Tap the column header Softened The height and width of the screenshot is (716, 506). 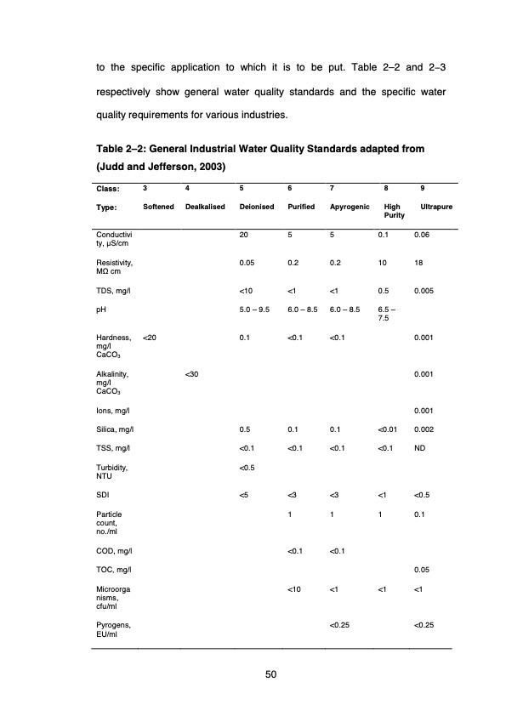point(159,207)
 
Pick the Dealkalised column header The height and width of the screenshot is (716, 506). point(205,207)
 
